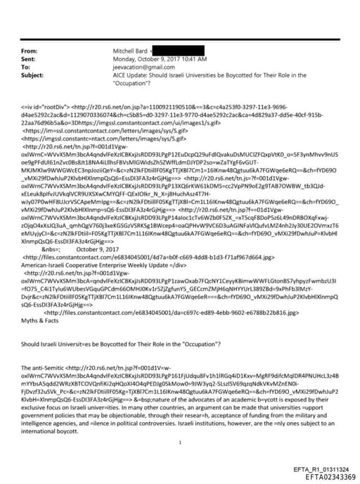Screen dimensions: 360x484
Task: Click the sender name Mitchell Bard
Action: click(x=130, y=51)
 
